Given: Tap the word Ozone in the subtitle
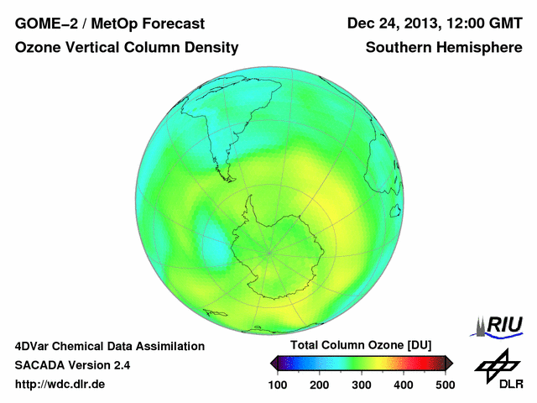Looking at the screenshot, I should tap(36, 48).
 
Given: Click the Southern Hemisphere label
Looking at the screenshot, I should tap(443, 48).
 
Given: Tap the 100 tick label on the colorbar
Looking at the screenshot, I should tap(278, 385).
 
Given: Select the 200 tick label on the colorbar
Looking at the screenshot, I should tap(320, 385).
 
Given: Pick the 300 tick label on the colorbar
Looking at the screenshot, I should tap(362, 385).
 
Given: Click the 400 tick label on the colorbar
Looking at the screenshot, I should tap(404, 385).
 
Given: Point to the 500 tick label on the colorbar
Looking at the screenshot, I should tap(445, 385).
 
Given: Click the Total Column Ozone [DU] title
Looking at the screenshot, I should tap(360, 346).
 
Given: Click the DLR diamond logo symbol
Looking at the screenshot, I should tap(497, 364).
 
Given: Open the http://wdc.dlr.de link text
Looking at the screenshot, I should tap(60, 385).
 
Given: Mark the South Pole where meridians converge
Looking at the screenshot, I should tap(268, 251).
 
